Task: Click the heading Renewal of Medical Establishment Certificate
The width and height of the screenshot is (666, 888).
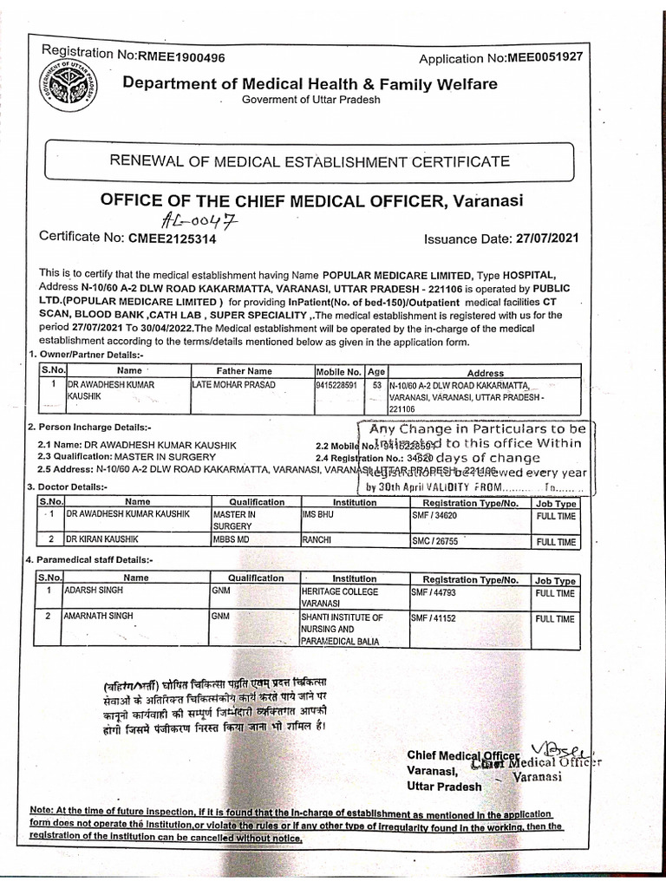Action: click(x=308, y=161)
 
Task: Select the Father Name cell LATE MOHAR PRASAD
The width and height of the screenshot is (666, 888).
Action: click(x=234, y=384)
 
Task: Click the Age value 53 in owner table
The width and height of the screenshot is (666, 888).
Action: click(x=376, y=384)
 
